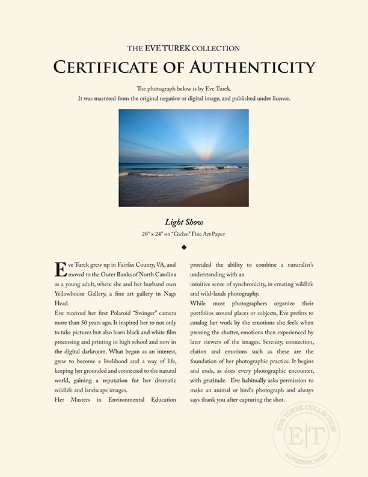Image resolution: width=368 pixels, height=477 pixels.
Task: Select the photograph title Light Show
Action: tap(183, 222)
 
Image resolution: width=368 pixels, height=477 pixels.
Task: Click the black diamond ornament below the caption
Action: tap(183, 246)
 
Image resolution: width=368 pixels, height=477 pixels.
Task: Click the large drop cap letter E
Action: tap(60, 269)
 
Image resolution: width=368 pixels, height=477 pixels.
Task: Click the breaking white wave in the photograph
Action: tap(210, 168)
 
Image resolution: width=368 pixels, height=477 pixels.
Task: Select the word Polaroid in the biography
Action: tap(133, 315)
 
